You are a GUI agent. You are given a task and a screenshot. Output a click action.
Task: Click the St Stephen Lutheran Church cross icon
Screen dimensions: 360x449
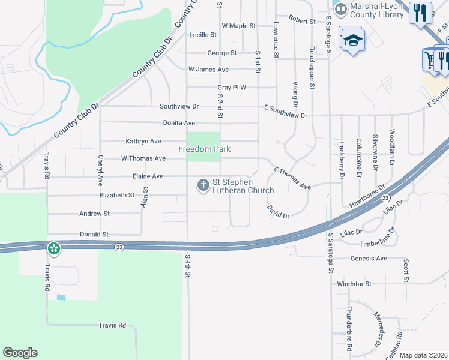point(203,186)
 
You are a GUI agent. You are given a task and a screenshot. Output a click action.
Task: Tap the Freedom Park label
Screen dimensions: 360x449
point(204,149)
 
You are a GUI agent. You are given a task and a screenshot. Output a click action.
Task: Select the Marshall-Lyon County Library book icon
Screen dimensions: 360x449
point(341,10)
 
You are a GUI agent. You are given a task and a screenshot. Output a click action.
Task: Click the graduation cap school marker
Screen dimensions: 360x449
point(352,40)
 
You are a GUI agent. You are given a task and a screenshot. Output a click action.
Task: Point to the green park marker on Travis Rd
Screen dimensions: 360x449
point(54,248)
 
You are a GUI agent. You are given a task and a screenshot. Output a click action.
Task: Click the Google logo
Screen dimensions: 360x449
point(20,353)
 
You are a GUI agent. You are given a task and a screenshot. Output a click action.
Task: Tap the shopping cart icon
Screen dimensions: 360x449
point(430,59)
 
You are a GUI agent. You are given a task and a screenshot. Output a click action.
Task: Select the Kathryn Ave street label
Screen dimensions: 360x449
point(143,141)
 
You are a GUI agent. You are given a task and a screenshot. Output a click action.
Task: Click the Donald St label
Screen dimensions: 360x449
point(94,234)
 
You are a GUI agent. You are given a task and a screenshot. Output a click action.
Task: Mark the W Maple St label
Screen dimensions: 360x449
point(238,26)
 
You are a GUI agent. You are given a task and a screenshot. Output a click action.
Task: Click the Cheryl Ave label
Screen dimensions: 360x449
point(100,170)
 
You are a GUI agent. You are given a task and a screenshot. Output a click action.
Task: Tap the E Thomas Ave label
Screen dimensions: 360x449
point(292,178)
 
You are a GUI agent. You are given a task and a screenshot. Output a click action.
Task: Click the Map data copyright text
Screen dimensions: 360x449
point(423,356)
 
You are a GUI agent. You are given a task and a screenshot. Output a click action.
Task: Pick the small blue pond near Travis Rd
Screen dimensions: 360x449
point(61,297)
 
